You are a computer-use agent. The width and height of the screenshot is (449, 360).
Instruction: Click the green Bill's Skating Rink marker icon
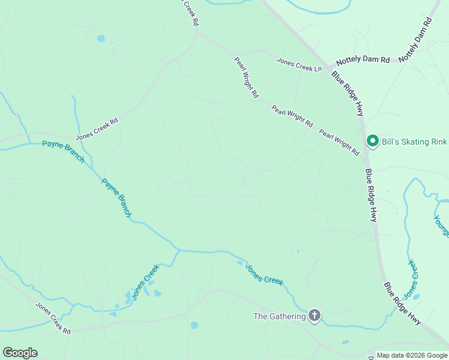click(x=372, y=141)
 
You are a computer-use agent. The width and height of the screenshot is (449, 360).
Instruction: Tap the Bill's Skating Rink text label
click(x=414, y=142)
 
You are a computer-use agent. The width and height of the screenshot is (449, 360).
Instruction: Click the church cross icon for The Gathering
click(x=315, y=315)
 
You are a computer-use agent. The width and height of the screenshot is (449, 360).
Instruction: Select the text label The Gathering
click(x=279, y=316)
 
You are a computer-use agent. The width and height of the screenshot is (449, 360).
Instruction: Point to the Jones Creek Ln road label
click(x=299, y=64)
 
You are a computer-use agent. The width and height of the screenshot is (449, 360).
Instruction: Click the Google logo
click(x=20, y=353)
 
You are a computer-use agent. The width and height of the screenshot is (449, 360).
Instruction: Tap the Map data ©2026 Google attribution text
click(x=412, y=356)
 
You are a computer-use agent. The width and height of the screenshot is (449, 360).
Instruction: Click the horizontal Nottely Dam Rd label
click(x=363, y=61)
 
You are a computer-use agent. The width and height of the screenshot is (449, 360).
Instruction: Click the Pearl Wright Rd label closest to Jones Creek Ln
click(x=246, y=77)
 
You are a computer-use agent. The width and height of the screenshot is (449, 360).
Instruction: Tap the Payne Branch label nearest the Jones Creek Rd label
click(x=63, y=151)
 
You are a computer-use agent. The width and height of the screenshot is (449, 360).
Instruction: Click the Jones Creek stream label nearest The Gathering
click(x=264, y=274)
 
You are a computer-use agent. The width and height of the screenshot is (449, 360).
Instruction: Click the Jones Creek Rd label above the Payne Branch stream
click(x=97, y=128)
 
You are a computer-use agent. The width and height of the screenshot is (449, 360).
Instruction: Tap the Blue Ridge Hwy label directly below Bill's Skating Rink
click(x=370, y=196)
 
